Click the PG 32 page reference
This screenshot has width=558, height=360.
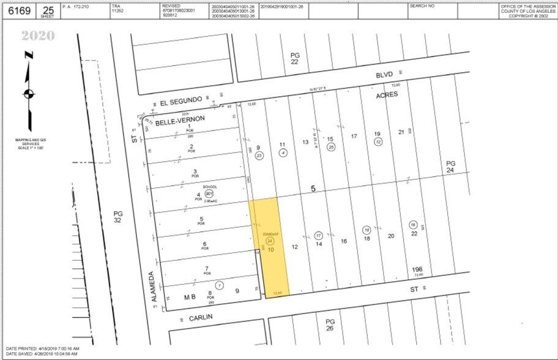[118, 218]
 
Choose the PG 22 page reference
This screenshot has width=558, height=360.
[296, 59]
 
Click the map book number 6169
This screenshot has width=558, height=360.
[18, 11]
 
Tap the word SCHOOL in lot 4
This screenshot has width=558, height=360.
[210, 187]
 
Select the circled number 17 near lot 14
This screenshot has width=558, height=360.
[319, 235]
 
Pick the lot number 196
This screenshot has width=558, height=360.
[417, 269]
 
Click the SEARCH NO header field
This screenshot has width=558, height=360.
[422, 6]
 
